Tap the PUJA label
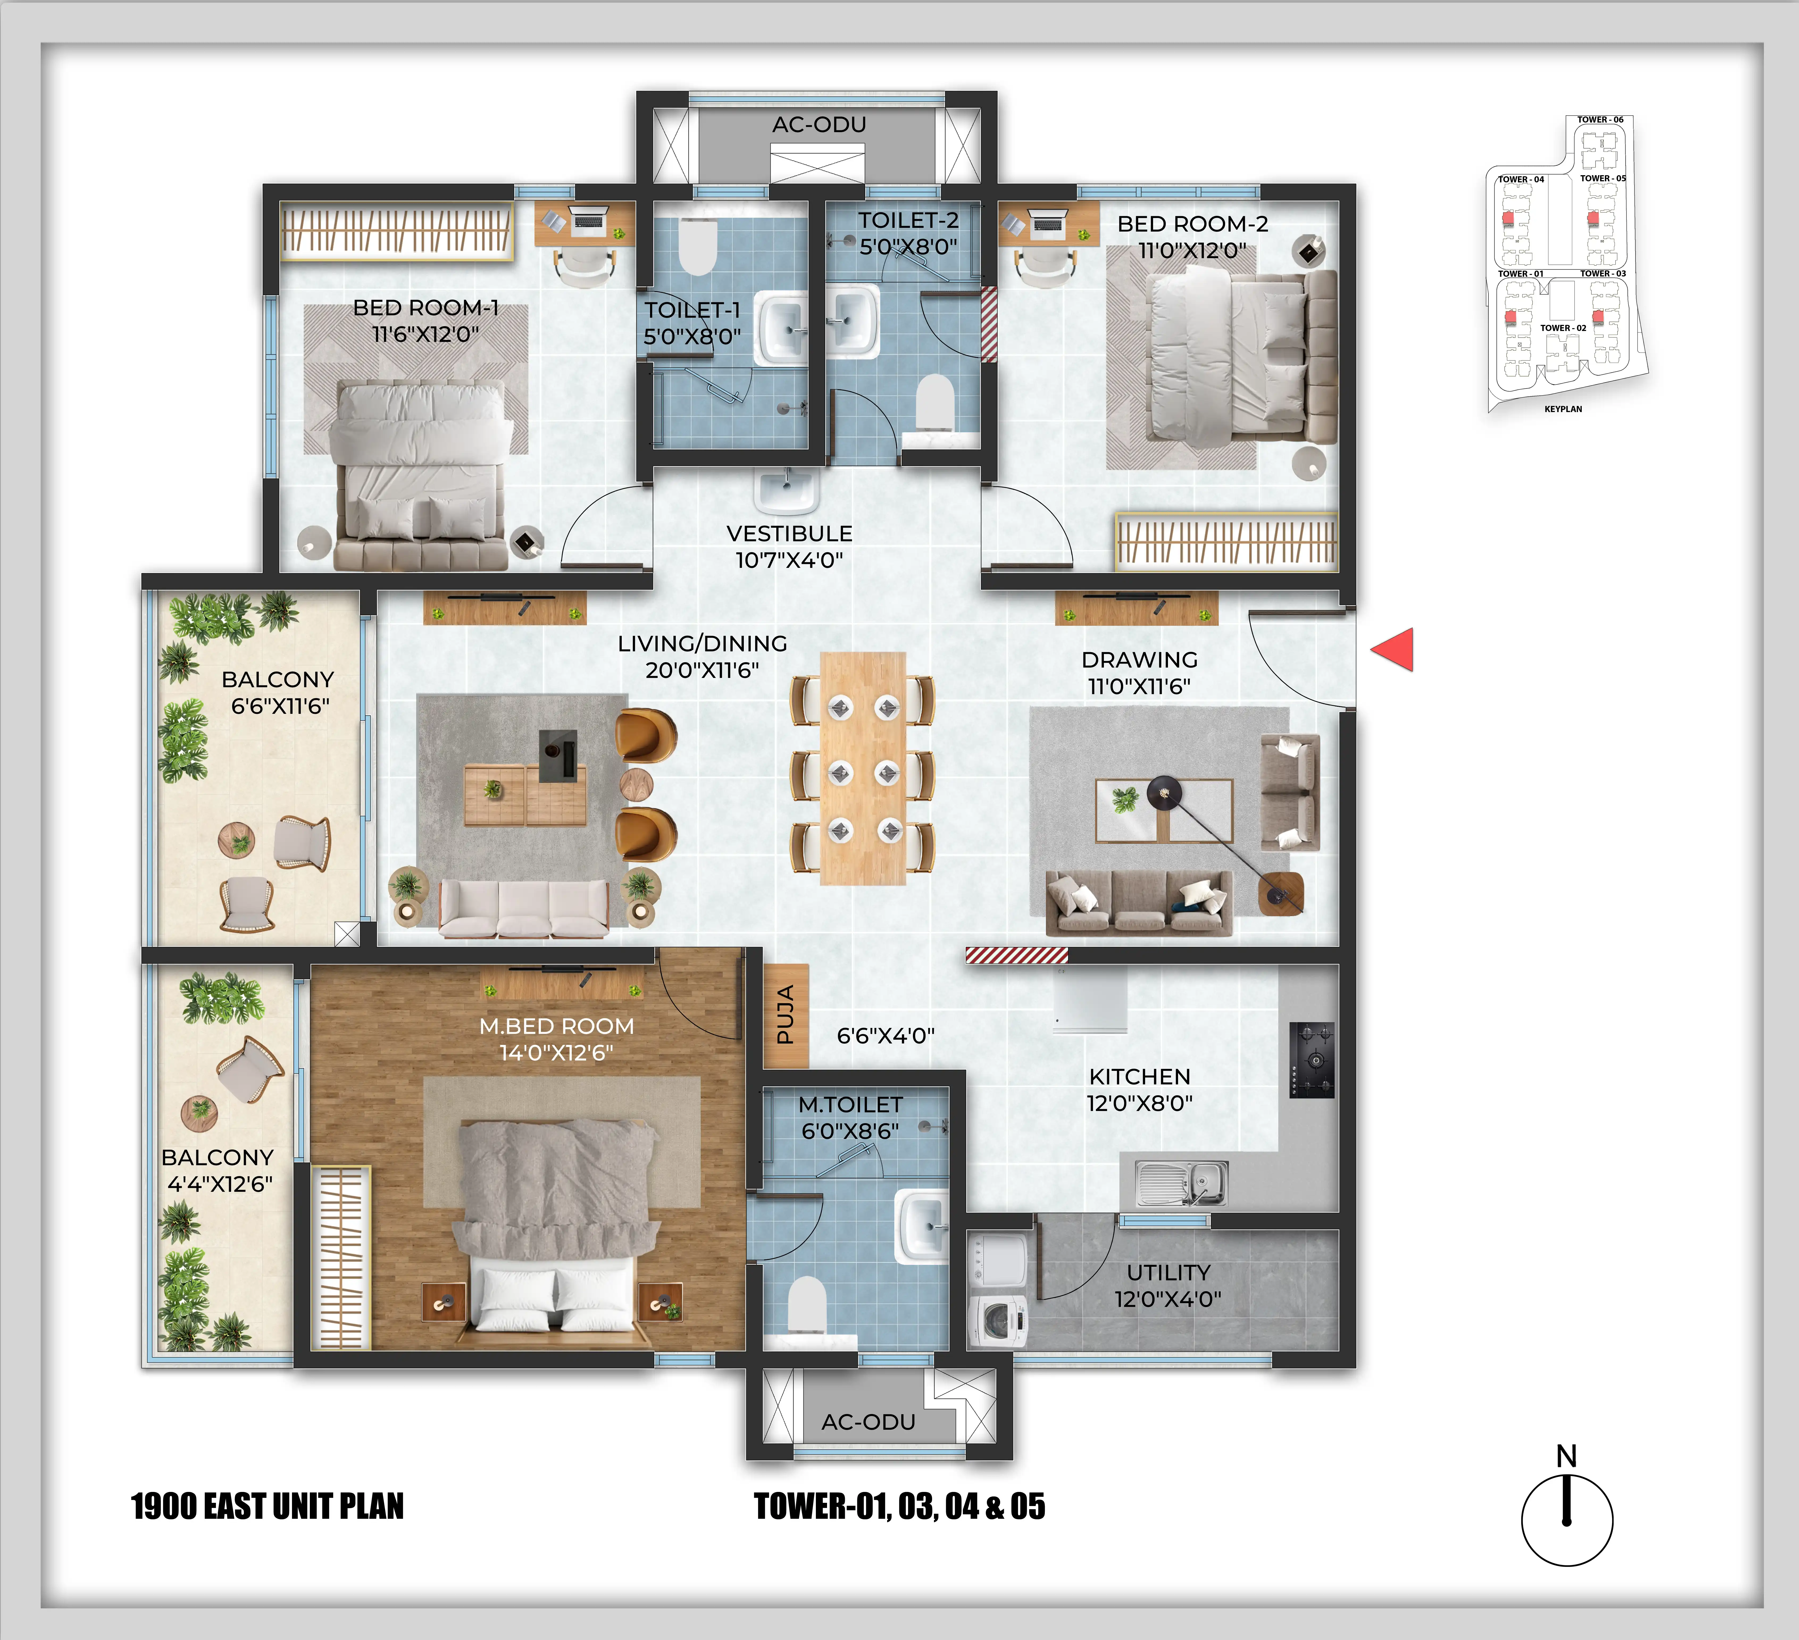(785, 1016)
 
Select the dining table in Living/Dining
(863, 768)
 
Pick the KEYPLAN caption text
(1563, 409)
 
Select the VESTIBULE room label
(790, 534)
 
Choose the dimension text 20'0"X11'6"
(702, 670)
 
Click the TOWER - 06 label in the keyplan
(1600, 120)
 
